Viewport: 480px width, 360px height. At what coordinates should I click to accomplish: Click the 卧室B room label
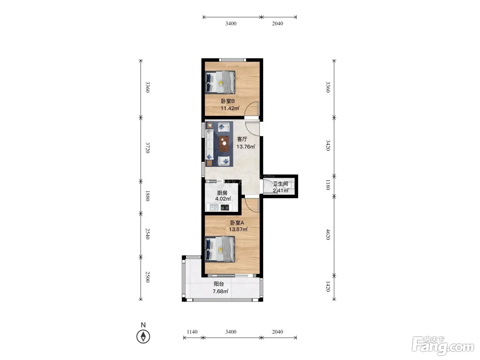(228, 101)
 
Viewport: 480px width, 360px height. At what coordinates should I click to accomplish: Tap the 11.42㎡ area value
(230, 108)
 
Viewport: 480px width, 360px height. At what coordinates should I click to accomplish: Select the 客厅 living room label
(242, 139)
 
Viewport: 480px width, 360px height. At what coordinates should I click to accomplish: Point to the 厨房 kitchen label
(222, 193)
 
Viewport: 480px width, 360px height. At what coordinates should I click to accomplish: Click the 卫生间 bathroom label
(280, 184)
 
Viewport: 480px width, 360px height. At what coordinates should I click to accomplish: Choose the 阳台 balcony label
(219, 284)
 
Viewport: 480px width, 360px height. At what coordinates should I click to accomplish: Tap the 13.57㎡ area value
(238, 229)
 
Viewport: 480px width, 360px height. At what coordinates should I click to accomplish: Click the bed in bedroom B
(220, 82)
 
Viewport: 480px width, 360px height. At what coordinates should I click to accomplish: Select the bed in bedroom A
(219, 249)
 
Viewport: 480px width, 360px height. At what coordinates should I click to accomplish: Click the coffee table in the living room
(224, 143)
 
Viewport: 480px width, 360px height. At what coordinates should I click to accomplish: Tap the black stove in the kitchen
(225, 207)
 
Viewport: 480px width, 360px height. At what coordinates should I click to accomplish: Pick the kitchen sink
(214, 207)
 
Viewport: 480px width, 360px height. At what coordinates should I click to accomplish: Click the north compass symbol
(143, 336)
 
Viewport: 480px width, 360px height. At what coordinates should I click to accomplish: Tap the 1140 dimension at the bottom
(192, 332)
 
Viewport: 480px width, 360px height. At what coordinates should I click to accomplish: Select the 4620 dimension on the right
(328, 234)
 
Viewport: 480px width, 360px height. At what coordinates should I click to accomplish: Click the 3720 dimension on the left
(148, 147)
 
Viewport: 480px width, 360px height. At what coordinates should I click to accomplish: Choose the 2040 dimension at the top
(277, 23)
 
